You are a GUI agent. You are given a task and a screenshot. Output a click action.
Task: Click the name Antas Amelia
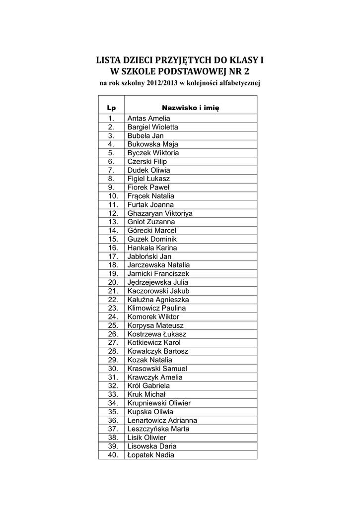click(148, 119)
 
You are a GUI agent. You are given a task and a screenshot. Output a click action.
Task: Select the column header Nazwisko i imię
click(191, 107)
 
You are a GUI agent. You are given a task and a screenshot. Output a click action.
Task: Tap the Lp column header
click(111, 107)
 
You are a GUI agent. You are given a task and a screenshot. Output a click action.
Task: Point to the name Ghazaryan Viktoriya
click(160, 213)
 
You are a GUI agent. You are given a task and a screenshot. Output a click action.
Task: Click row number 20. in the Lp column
click(112, 282)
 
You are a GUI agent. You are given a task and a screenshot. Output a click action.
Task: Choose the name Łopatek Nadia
click(151, 455)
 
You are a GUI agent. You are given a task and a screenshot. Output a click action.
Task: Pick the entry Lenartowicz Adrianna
click(162, 420)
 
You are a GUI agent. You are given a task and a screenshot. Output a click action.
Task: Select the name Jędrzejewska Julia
click(157, 282)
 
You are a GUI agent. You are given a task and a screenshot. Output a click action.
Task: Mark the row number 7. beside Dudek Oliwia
click(111, 170)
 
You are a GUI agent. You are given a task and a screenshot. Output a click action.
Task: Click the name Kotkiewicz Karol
click(154, 343)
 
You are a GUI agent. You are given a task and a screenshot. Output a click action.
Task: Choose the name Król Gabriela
click(148, 386)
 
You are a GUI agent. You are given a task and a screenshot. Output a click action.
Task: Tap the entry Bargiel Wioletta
click(152, 127)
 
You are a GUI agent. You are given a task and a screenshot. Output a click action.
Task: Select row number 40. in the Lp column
click(112, 455)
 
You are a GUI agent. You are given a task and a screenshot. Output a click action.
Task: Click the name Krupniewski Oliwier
click(159, 403)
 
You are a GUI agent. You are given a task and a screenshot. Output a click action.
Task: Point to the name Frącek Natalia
click(151, 196)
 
